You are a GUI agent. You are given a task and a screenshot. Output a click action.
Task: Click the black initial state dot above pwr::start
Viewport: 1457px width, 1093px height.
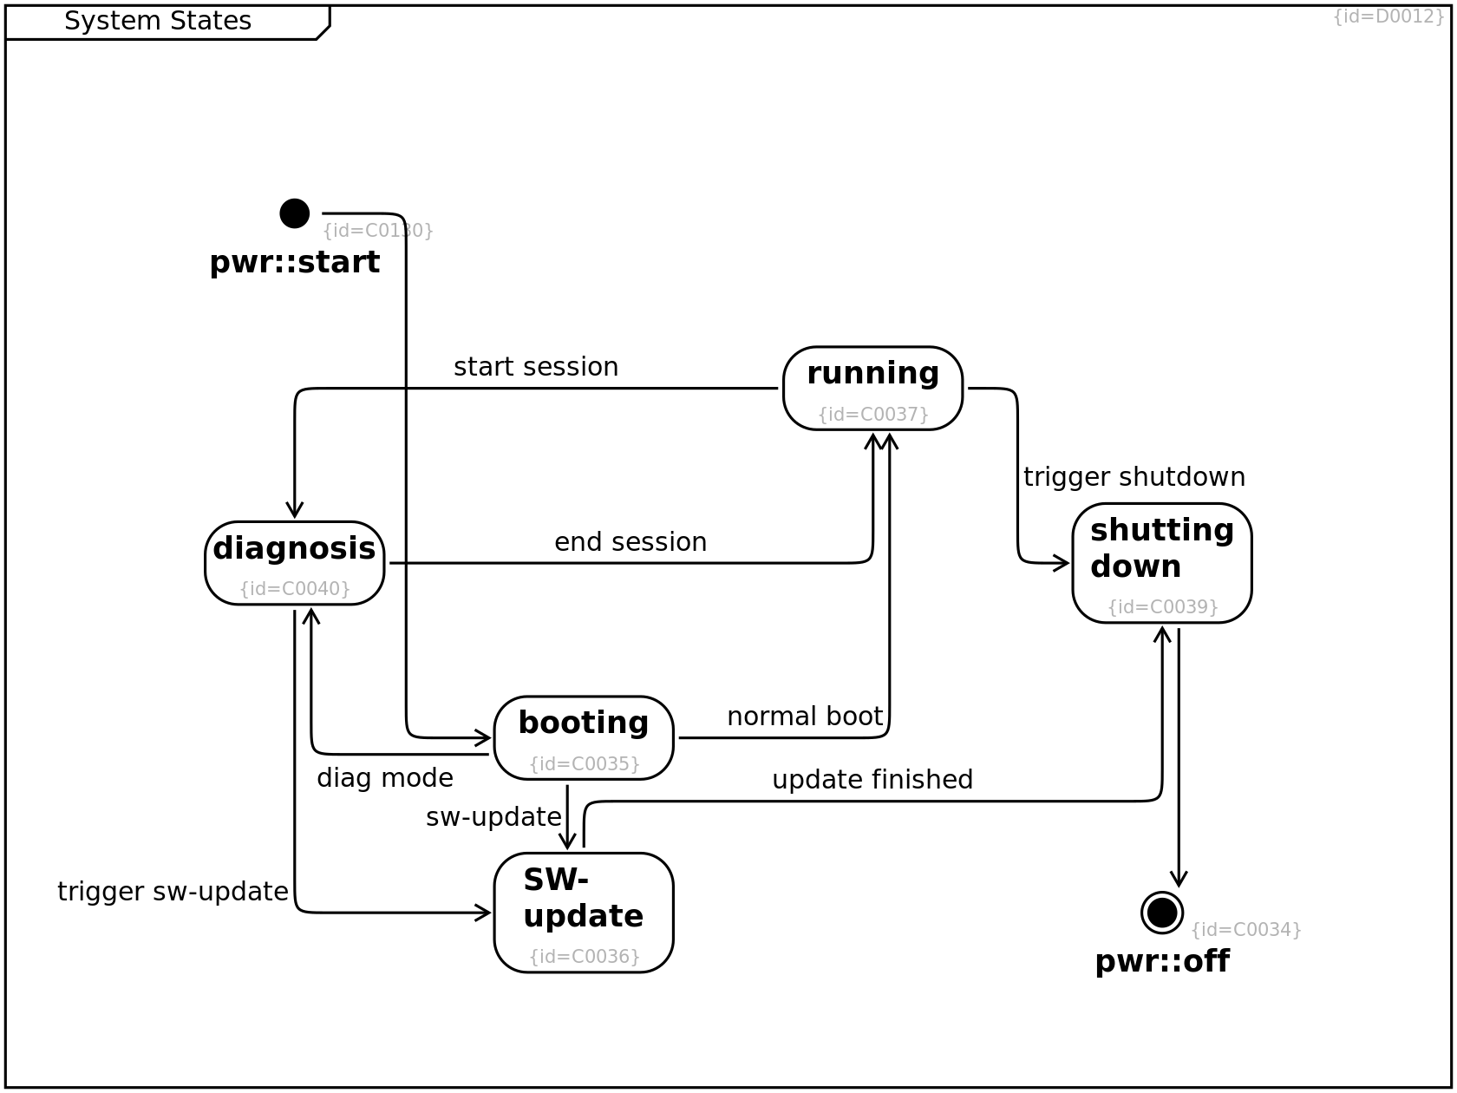point(295,213)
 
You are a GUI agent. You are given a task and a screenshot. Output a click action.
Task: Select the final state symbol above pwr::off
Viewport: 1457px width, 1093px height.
point(1162,913)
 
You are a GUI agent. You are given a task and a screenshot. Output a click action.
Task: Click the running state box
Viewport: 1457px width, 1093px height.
point(872,389)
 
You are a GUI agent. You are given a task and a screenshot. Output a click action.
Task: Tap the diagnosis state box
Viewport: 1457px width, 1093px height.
point(295,564)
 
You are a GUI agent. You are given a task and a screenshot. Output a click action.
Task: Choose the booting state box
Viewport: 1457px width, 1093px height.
point(584,738)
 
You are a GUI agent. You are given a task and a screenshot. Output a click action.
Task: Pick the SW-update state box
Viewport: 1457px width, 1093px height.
point(584,913)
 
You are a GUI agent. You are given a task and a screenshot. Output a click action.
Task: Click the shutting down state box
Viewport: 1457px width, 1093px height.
point(1162,564)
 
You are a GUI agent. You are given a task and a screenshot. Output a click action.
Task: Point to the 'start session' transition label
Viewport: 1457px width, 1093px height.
point(536,367)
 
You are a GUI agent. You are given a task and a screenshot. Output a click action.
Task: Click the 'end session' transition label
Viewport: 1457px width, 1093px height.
point(630,542)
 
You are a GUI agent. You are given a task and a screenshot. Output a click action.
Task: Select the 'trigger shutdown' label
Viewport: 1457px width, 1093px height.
point(1134,477)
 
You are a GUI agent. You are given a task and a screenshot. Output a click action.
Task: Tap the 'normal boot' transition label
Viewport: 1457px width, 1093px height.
point(805,717)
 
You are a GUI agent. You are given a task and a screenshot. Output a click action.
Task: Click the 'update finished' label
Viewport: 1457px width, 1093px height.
point(872,780)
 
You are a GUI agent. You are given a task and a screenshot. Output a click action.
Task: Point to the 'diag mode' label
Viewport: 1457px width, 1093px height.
point(385,778)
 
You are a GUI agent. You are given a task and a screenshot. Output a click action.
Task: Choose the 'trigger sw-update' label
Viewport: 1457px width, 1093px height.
point(173,891)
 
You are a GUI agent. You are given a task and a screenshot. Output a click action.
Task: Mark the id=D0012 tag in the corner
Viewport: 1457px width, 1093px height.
point(1388,16)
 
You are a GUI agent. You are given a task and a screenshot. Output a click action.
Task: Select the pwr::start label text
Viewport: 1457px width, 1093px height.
point(295,262)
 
